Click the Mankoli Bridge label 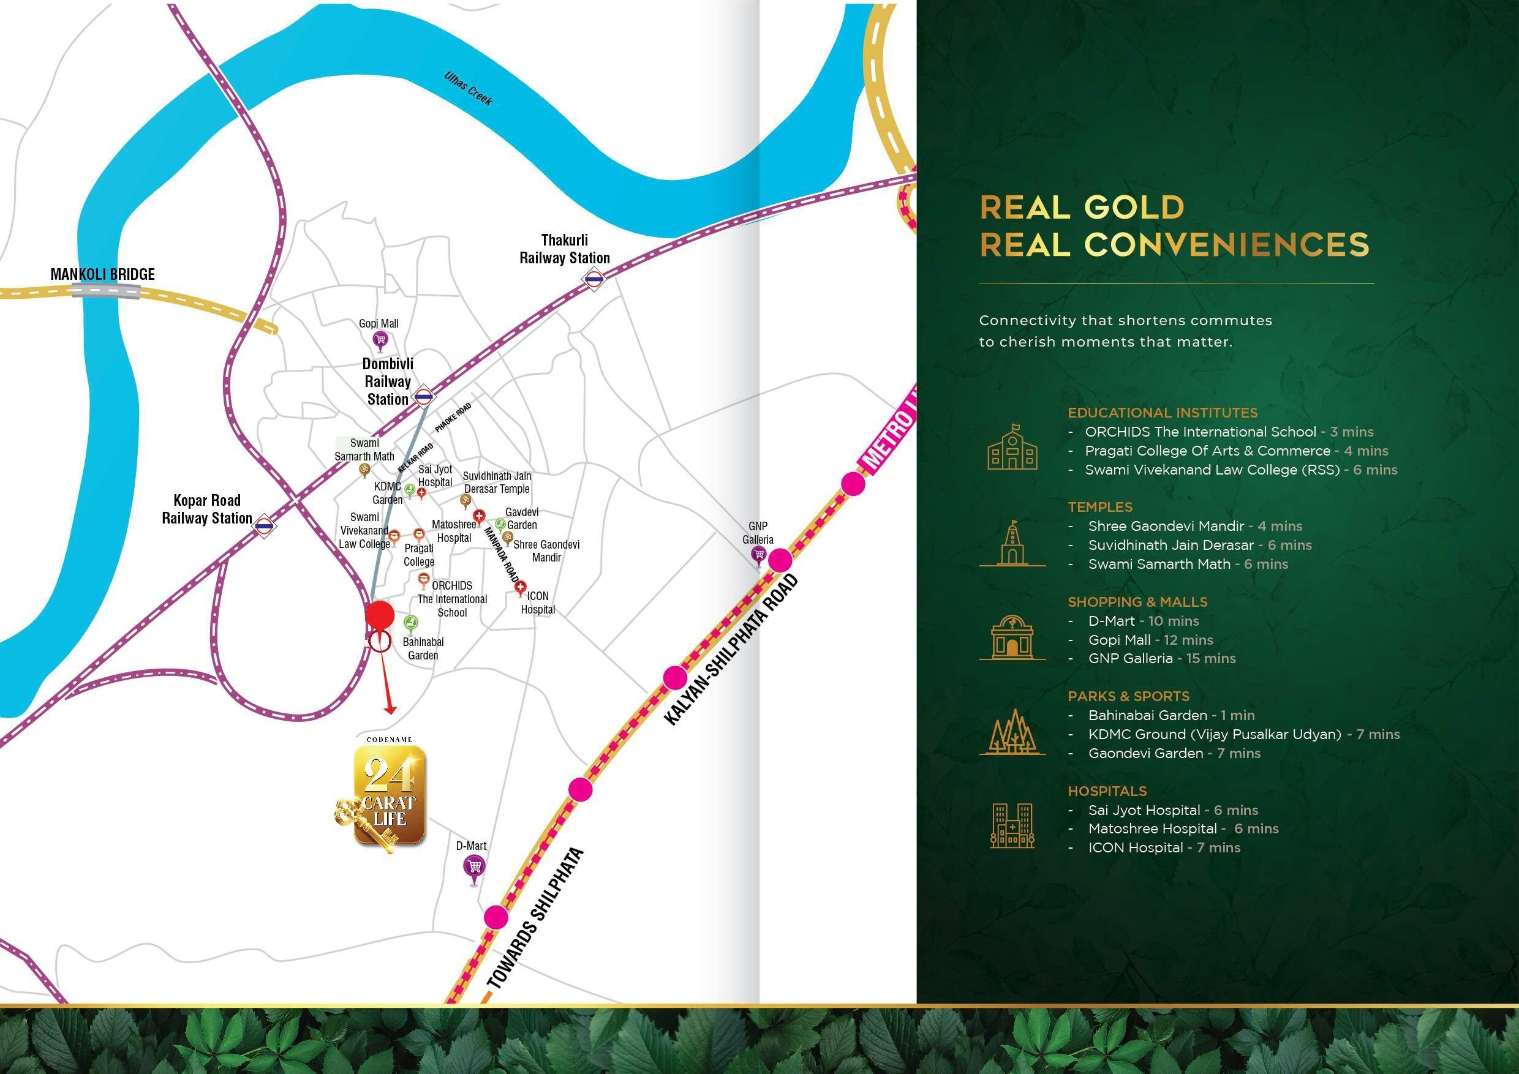pyautogui.click(x=102, y=274)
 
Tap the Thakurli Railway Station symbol pyautogui.click(x=594, y=280)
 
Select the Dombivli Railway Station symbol pyautogui.click(x=423, y=397)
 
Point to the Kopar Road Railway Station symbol pyautogui.click(x=264, y=527)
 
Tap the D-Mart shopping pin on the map pyautogui.click(x=473, y=867)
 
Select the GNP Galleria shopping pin pyautogui.click(x=759, y=556)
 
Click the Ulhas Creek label pyautogui.click(x=469, y=89)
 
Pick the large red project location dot pyautogui.click(x=380, y=615)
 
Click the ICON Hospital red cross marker pyautogui.click(x=520, y=587)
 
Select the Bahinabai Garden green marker pyautogui.click(x=411, y=623)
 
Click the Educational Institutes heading pyautogui.click(x=1163, y=413)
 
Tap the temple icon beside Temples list pyautogui.click(x=1012, y=543)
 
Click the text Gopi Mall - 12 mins pyautogui.click(x=1150, y=639)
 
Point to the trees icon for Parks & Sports pyautogui.click(x=1012, y=732)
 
